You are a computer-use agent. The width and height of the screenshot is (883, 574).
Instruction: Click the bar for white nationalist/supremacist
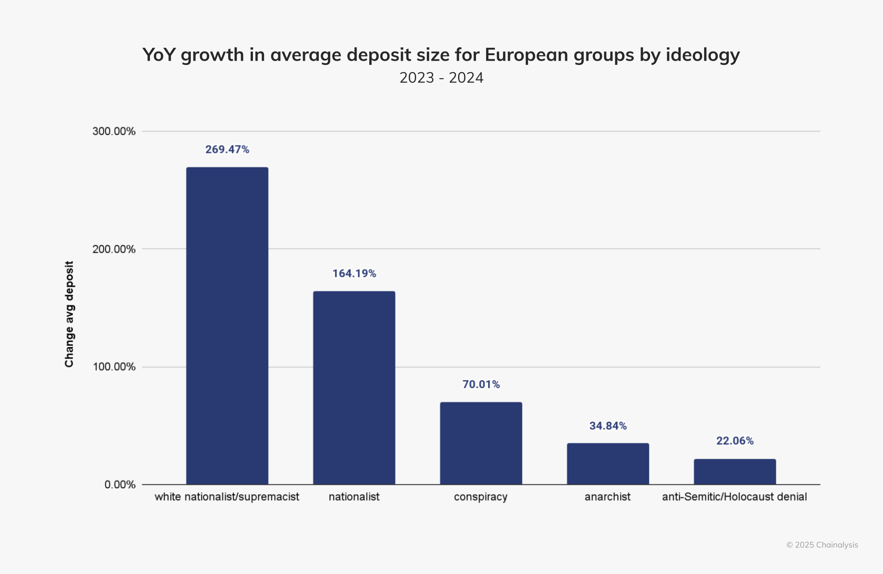click(x=227, y=326)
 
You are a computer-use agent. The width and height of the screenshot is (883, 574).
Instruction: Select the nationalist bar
click(x=354, y=388)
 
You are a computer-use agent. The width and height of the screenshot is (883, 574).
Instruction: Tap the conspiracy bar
click(x=481, y=443)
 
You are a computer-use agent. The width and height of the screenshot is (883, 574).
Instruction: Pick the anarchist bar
click(x=608, y=464)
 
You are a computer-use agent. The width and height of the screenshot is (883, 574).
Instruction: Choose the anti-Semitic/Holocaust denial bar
click(x=735, y=471)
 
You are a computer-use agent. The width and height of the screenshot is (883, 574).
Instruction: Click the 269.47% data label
click(x=227, y=149)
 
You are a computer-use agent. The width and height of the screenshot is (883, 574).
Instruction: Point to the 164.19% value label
click(x=354, y=274)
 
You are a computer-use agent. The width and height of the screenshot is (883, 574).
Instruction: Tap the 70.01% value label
click(x=481, y=385)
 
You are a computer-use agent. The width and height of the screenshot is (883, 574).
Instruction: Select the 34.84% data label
click(x=608, y=426)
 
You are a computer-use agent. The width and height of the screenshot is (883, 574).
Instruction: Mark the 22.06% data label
click(x=735, y=441)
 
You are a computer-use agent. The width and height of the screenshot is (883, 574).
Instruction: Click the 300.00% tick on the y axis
click(x=114, y=132)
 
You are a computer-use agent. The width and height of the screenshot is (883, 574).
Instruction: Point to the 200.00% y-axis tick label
click(x=114, y=249)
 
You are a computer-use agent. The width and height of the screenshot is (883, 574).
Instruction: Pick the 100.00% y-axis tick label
click(x=114, y=367)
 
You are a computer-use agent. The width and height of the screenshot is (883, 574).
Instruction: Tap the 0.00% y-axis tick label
click(x=120, y=485)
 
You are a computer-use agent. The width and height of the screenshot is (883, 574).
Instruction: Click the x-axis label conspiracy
click(x=481, y=497)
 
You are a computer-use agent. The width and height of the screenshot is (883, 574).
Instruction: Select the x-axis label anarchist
click(x=608, y=497)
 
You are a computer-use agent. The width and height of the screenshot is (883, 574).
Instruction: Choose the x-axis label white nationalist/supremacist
click(x=227, y=497)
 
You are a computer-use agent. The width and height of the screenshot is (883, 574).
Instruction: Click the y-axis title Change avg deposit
click(x=69, y=314)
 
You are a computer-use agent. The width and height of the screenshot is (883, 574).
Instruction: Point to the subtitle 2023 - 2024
click(x=441, y=78)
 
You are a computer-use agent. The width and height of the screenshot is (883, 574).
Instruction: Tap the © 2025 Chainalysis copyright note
click(x=822, y=545)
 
